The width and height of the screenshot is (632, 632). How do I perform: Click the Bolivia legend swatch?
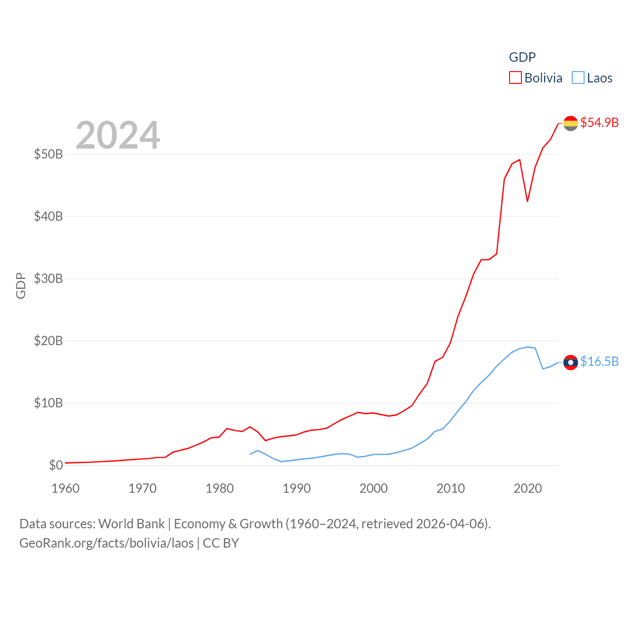[x=515, y=78]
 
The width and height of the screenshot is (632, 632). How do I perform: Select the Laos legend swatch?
[x=578, y=78]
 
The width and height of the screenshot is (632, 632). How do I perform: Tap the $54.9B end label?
[x=599, y=122]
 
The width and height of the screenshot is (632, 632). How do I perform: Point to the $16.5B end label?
[x=599, y=361]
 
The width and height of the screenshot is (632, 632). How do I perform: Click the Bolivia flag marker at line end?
[x=571, y=123]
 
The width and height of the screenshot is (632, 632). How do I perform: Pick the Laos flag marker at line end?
[x=571, y=362]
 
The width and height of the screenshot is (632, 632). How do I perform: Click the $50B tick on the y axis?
[x=48, y=154]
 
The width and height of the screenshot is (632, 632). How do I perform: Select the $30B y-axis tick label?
[x=48, y=278]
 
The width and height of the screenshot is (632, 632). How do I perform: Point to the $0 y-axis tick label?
[x=56, y=465]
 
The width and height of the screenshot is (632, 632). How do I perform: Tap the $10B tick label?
[x=48, y=403]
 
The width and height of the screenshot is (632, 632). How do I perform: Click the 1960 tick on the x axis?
[x=66, y=488]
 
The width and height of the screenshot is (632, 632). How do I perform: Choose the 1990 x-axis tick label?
[x=297, y=488]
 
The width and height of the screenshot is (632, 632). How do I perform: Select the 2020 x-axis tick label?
[x=528, y=488]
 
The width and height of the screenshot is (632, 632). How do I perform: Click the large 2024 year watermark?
[x=118, y=135]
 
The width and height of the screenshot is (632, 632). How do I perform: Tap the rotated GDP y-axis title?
[x=21, y=285]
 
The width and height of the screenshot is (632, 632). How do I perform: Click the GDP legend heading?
[x=522, y=57]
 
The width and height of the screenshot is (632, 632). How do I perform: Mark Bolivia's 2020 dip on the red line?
[x=527, y=201]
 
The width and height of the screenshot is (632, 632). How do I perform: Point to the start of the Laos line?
[x=250, y=454]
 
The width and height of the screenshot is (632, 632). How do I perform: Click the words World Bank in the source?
[x=132, y=523]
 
